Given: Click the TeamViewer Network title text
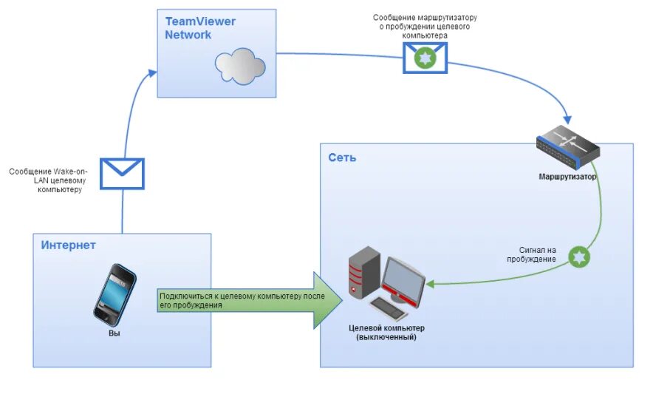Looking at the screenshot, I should (x=199, y=28).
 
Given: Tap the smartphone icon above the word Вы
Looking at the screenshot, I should (x=114, y=293).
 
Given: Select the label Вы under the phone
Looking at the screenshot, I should (x=114, y=333).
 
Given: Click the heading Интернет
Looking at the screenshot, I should (x=69, y=245).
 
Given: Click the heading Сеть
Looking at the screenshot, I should (x=343, y=157).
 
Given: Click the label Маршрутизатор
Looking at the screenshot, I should (x=567, y=177).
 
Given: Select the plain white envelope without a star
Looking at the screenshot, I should (x=122, y=174).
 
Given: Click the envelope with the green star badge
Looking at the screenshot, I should (x=425, y=57).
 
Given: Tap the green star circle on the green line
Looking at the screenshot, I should (x=580, y=257).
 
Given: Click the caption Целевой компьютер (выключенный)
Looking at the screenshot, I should (x=386, y=333).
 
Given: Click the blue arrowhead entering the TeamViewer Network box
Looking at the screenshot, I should (x=152, y=72).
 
